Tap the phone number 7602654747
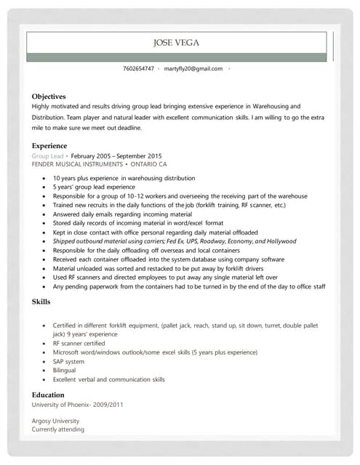tap(138, 68)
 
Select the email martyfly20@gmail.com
tap(193, 68)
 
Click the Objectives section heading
tap(49, 96)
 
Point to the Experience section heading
tap(49, 146)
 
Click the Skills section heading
tap(41, 301)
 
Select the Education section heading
tap(48, 395)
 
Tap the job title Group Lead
tap(47, 156)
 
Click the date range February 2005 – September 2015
tap(116, 156)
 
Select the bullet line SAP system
tap(68, 361)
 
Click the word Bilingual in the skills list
tap(65, 370)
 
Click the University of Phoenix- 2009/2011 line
tap(78, 404)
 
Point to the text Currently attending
tap(58, 429)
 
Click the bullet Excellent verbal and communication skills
tap(108, 379)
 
